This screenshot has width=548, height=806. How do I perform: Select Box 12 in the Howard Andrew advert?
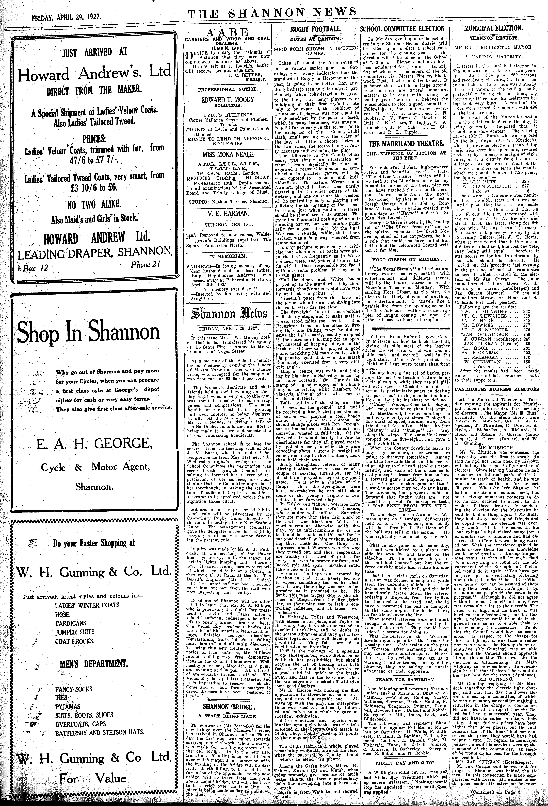[35, 267]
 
